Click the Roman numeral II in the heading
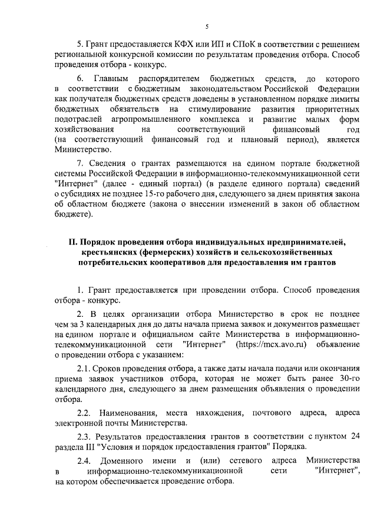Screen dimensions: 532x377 pyautogui.click(x=73, y=242)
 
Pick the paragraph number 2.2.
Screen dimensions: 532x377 pyautogui.click(x=86, y=412)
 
